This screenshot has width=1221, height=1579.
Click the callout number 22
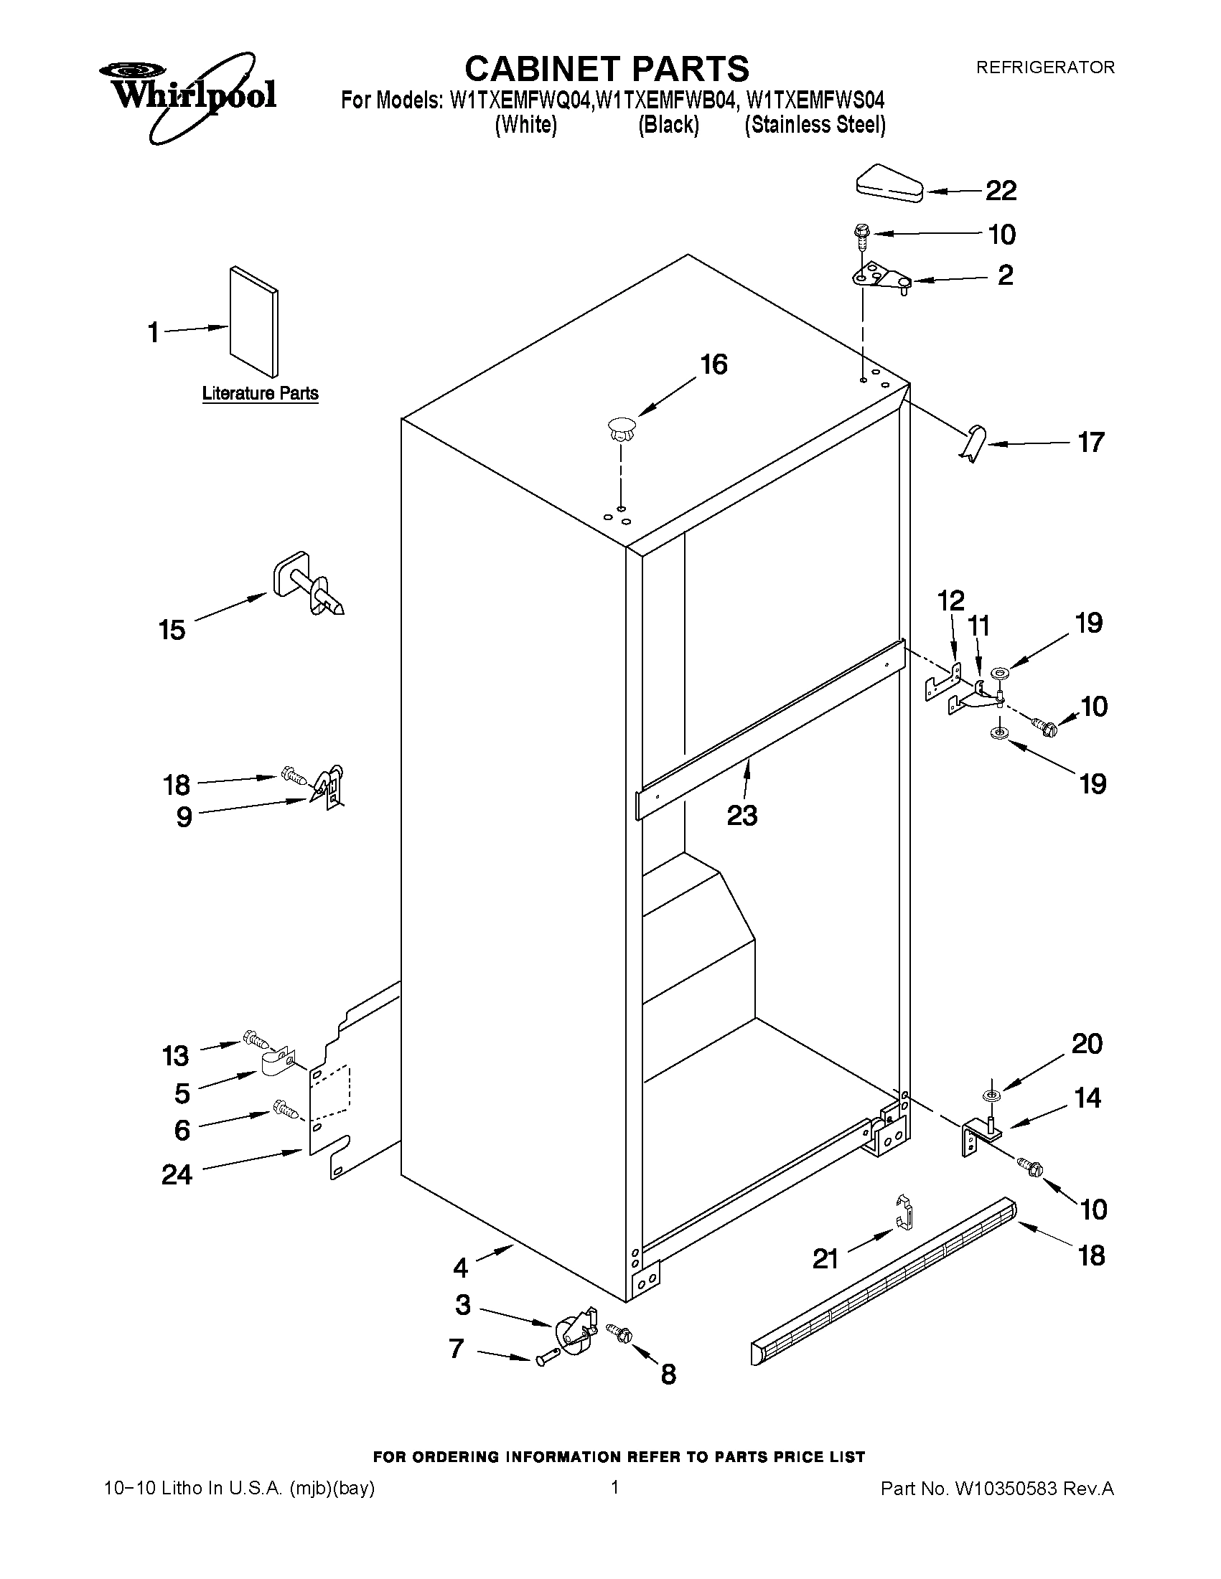click(x=1001, y=191)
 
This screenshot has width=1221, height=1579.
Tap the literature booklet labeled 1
click(x=253, y=321)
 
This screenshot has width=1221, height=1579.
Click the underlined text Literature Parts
click(x=261, y=393)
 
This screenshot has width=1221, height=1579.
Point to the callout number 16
click(x=714, y=364)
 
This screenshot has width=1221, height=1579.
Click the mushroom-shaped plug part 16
click(x=622, y=430)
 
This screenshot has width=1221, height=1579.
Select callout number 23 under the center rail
click(x=742, y=816)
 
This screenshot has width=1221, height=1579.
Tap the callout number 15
click(x=172, y=631)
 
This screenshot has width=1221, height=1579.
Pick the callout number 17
click(x=1091, y=443)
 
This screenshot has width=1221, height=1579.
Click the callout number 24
click(x=177, y=1175)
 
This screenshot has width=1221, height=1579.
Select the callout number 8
click(x=668, y=1375)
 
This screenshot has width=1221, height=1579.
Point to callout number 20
click(x=1087, y=1044)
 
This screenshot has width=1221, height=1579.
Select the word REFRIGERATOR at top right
click(x=1045, y=67)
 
